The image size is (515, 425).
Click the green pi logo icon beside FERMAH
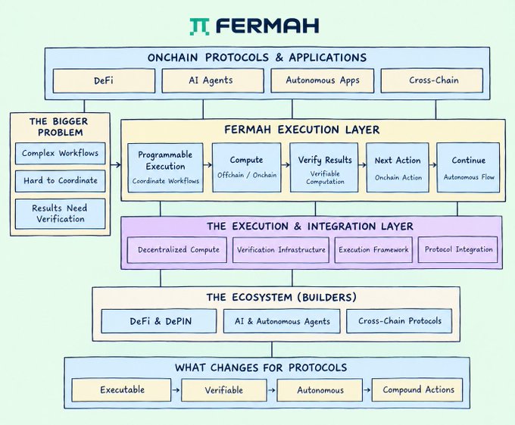point(199,27)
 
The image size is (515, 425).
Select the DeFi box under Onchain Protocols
point(104,80)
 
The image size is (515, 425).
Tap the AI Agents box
point(213,80)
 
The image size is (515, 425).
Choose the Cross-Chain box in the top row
point(432,80)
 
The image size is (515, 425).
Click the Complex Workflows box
point(60,153)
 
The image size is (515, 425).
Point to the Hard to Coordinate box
point(60,181)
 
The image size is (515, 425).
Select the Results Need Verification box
point(60,214)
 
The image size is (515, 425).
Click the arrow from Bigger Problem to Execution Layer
point(116,165)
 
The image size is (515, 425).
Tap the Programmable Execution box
point(165,167)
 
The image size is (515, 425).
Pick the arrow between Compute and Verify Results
point(286,165)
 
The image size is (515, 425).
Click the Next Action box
point(398,167)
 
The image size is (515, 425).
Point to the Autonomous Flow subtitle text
point(469,177)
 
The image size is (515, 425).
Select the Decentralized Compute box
point(177,250)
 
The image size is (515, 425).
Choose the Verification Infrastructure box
point(281,250)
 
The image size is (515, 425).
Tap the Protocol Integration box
point(458,249)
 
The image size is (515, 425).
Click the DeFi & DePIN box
point(159,321)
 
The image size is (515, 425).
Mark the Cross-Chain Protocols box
point(399,321)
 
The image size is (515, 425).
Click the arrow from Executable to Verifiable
point(176,390)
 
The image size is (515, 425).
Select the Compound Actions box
point(417,390)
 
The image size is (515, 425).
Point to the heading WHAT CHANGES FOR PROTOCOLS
point(261,367)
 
